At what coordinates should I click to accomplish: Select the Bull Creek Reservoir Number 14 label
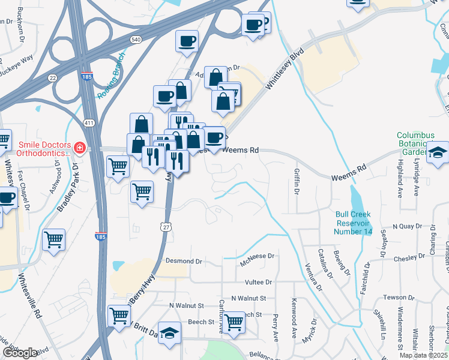[354, 223]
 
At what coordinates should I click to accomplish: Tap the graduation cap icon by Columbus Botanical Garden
[438, 153]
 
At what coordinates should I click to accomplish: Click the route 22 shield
[53, 78]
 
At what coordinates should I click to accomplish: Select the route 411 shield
[89, 123]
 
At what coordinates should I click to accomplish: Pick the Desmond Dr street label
[186, 262]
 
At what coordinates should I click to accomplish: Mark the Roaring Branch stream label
[111, 75]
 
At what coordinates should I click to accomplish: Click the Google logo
[20, 352]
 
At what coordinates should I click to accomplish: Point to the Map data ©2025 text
[423, 355]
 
